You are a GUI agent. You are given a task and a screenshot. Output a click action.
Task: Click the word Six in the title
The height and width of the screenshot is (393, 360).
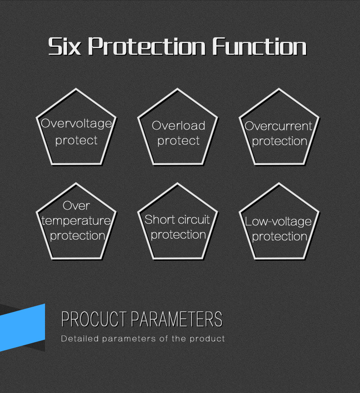65,46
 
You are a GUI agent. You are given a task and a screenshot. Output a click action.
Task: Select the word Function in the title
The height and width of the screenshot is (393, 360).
259,46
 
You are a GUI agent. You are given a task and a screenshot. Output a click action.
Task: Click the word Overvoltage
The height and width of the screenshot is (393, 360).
76,124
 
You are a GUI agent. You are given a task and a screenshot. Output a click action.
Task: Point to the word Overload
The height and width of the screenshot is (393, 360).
178,125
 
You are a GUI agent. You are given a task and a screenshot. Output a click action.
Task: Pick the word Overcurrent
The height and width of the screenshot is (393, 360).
279,126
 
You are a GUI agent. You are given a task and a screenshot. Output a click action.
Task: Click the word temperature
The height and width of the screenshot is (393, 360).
76,221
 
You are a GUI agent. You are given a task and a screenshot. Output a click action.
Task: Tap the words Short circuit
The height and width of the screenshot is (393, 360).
177,219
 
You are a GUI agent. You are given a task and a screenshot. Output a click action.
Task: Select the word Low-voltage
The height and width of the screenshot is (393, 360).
278,222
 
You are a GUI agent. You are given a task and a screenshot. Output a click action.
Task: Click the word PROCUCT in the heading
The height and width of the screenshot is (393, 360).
94,319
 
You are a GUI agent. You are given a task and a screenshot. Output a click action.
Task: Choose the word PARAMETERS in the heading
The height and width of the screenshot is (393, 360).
176,319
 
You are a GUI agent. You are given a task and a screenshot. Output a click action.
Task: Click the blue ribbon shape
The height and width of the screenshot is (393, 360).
22,327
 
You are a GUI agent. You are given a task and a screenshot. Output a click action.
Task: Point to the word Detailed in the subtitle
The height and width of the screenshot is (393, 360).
80,339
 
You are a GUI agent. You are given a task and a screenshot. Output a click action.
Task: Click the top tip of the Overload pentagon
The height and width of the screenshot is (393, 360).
178,89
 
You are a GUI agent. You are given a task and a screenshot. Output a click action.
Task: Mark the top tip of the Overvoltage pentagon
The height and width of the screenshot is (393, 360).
76,89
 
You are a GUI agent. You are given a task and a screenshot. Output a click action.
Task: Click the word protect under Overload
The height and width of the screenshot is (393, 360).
178,141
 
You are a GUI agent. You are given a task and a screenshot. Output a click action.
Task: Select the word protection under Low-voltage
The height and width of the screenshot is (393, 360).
279,237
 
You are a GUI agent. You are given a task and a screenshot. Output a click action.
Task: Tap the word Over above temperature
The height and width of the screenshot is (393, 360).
76,206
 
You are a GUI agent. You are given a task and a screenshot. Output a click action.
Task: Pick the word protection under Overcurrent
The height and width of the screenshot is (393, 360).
279,141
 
